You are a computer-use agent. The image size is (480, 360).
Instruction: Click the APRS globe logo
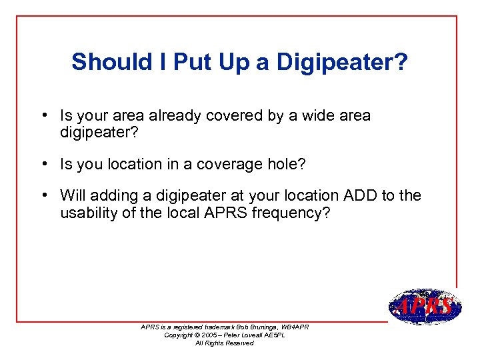coord(423,307)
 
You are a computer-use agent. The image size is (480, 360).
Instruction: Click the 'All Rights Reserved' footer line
coord(224,343)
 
